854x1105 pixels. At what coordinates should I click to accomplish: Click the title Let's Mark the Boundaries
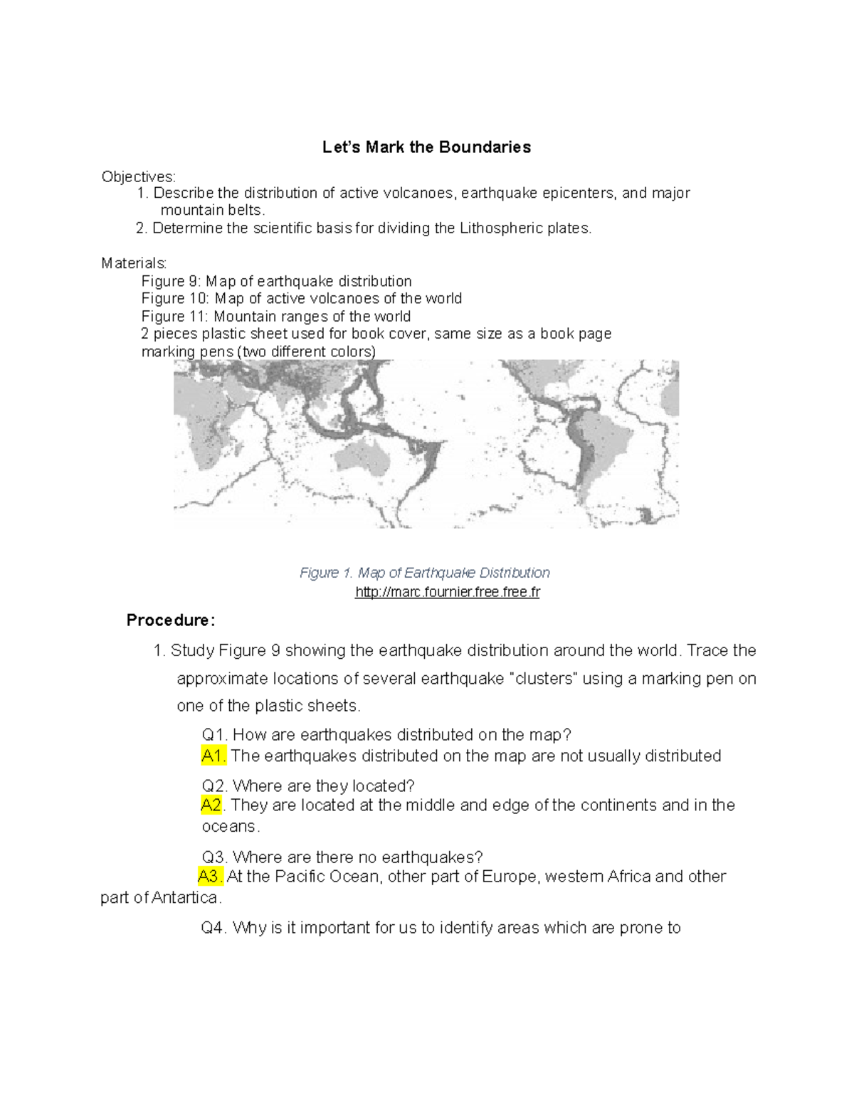tap(426, 147)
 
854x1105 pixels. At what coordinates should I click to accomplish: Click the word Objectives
tap(137, 176)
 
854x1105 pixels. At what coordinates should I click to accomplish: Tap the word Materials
tap(134, 263)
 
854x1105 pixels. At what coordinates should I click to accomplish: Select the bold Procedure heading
tap(170, 620)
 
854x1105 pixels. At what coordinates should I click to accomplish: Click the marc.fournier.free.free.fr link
tap(447, 592)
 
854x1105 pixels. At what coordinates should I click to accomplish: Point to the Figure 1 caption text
tap(424, 573)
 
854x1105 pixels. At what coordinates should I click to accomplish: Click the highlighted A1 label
tap(213, 756)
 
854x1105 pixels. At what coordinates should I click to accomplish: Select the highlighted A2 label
tap(211, 805)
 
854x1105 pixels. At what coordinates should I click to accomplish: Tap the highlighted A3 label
tap(211, 876)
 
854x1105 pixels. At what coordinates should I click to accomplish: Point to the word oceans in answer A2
tap(229, 826)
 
